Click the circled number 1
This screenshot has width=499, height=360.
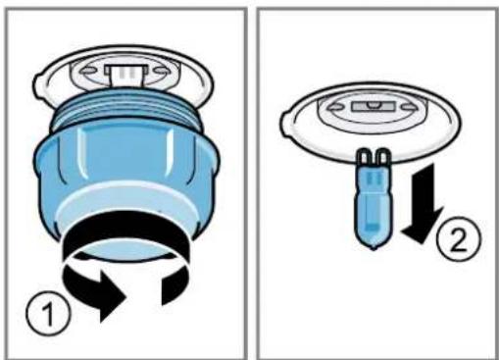coord(48,313)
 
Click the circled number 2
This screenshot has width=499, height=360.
coord(459,239)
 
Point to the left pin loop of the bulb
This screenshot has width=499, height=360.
coord(364,158)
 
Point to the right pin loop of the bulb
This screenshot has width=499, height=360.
coord(382,158)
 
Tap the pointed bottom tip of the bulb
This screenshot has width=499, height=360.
coord(374,249)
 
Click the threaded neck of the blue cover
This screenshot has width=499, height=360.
coord(126,113)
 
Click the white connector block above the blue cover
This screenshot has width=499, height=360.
coord(125,75)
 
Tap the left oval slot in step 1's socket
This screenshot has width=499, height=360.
coord(87,71)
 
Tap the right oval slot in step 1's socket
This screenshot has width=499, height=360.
coord(161,71)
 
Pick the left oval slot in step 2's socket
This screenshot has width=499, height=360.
coord(335,107)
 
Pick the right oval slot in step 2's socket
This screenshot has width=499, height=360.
coord(409,107)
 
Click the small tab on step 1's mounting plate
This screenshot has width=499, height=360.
coord(38,85)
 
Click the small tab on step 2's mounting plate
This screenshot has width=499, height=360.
coord(285,122)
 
